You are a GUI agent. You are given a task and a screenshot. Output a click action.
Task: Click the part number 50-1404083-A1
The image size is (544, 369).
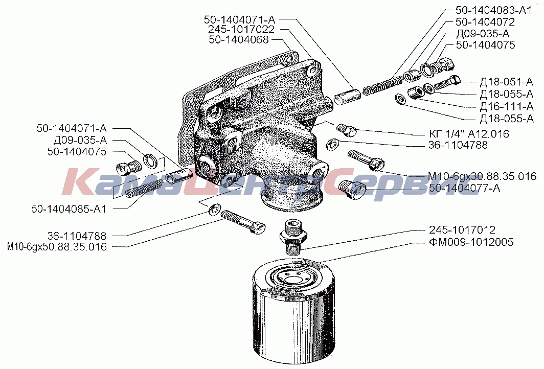[x=493, y=10]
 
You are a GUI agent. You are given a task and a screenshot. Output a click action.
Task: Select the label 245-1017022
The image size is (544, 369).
[x=241, y=29]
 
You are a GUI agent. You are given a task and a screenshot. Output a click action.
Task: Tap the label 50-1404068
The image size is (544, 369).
[x=239, y=40]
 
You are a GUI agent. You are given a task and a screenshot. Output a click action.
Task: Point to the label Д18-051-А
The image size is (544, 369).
[x=507, y=82]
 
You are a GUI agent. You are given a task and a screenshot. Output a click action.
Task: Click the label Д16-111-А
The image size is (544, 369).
[x=507, y=106]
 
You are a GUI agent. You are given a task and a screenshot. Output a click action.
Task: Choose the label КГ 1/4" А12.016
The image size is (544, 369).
[x=469, y=133]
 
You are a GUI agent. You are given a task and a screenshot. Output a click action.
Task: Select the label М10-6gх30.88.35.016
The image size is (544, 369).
[x=482, y=176]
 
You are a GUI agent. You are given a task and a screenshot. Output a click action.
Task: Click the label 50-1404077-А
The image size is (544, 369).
[x=465, y=188]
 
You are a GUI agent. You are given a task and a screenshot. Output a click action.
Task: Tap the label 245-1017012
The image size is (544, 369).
[x=462, y=230]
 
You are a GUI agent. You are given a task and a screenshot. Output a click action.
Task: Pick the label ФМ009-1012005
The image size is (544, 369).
[x=471, y=242]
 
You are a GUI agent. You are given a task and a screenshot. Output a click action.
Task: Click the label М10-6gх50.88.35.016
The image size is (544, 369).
[x=57, y=246]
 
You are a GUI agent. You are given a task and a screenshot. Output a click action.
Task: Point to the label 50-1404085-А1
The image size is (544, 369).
[x=69, y=209]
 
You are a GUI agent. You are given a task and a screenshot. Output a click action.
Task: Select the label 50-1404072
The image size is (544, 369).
[x=485, y=22]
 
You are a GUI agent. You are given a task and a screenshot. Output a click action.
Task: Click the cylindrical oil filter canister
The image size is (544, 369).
[x=293, y=313]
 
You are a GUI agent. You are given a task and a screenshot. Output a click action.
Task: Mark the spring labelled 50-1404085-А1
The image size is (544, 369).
[x=143, y=188]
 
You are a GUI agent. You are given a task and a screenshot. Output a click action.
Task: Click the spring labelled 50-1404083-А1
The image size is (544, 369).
[x=383, y=86]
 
